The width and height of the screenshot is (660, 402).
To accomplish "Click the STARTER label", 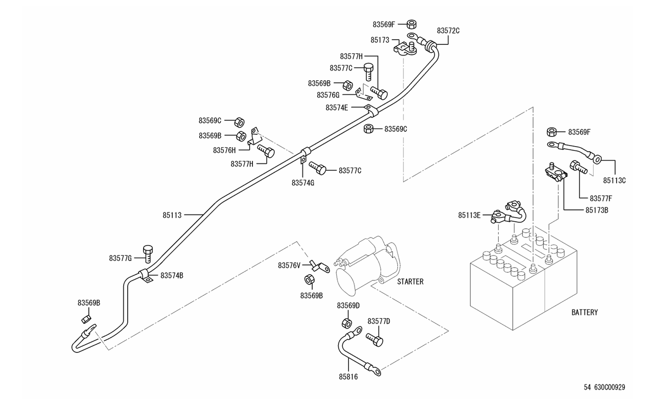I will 410,281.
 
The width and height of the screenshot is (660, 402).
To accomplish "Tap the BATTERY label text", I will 584,312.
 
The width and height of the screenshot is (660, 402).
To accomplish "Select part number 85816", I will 348,376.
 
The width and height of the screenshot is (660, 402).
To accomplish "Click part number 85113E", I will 469,216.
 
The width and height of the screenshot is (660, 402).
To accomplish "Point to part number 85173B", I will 596,210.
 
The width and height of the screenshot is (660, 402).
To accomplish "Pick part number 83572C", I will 448,31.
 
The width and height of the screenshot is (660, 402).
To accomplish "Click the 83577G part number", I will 120,258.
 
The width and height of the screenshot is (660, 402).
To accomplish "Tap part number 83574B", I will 172,276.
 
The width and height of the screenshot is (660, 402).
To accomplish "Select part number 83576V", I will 289,265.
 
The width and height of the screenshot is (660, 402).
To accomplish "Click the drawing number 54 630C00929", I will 604,387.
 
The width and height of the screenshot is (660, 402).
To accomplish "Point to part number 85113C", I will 614,180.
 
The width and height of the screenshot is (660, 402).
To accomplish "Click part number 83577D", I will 379,321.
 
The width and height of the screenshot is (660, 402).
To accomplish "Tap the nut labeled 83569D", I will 345,322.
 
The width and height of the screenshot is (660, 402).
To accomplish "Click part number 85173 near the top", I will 380,39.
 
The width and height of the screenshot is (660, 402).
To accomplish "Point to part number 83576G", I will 327,95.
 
